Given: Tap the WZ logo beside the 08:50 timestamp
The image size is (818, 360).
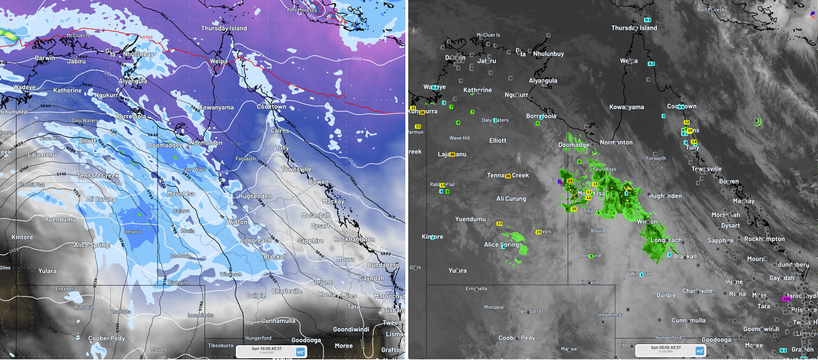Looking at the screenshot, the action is click(x=700, y=351).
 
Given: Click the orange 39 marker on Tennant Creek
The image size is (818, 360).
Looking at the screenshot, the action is click(x=508, y=176).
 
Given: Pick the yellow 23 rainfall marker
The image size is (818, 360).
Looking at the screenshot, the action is click(x=499, y=224).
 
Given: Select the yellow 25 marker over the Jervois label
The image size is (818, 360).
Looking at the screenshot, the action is click(x=539, y=232).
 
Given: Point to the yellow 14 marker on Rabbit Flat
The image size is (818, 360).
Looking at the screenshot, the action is click(x=442, y=185).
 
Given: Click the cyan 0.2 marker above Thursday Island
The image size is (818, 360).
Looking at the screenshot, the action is click(x=647, y=20).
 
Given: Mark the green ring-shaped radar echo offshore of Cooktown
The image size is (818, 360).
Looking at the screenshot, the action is click(x=758, y=121).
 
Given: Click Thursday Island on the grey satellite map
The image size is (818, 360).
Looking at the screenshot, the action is click(x=634, y=28).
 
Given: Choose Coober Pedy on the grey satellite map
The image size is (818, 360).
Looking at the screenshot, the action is click(x=516, y=338).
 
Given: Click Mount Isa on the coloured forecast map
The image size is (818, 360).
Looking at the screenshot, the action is click(x=181, y=194).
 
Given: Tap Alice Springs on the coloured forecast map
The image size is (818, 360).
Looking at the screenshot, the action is click(x=95, y=245).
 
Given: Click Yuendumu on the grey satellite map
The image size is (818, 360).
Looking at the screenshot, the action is click(x=471, y=219).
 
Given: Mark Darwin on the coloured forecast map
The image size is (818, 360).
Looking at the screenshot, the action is click(x=45, y=58).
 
